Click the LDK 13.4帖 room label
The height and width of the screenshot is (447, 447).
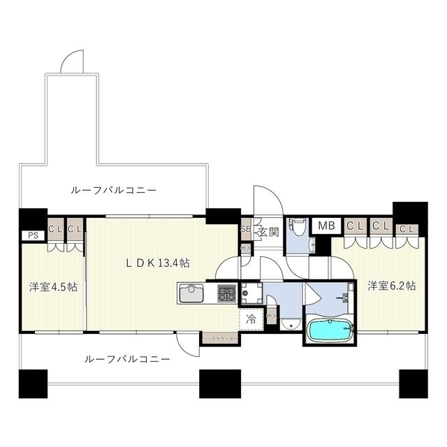pyautogui.click(x=158, y=263)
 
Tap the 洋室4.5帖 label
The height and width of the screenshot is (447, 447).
pyautogui.click(x=52, y=286)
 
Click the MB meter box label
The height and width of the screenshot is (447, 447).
pyautogui.click(x=326, y=226)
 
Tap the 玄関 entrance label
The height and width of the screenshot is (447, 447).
pyautogui.click(x=269, y=232)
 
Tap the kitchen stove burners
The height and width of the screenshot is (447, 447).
pyautogui.click(x=227, y=293)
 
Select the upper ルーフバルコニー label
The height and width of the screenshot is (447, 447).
pyautogui.click(x=113, y=189)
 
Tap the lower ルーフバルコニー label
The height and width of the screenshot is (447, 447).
pyautogui.click(x=126, y=359)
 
